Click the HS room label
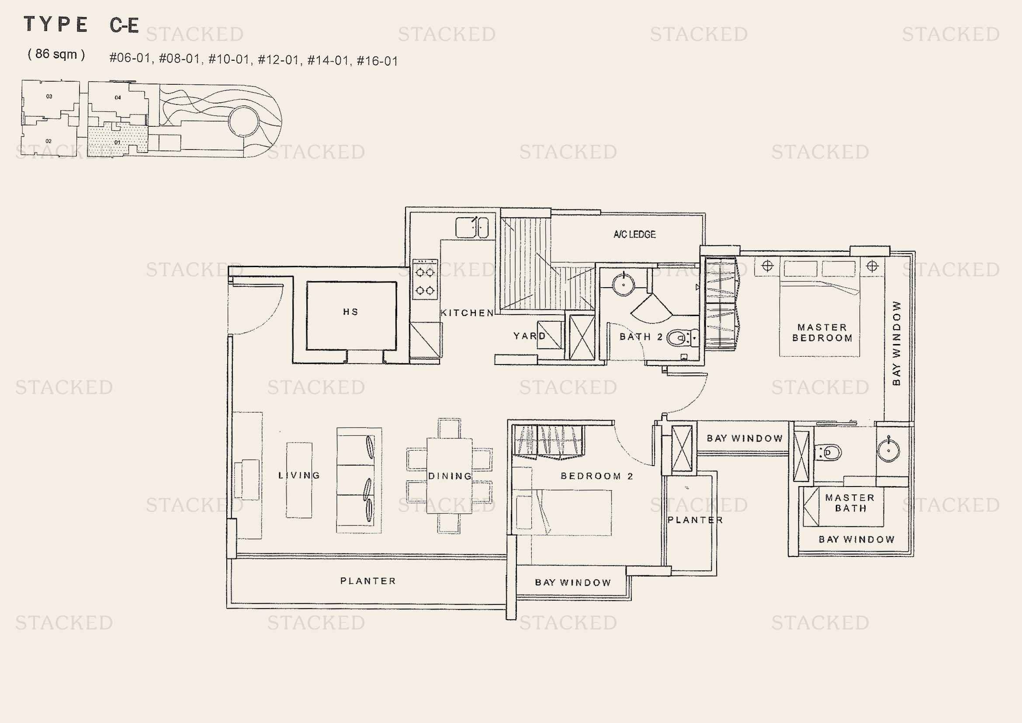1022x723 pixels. coord(350,312)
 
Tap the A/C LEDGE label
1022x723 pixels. coord(634,234)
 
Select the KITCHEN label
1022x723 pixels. coord(468,313)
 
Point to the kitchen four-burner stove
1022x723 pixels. coord(425,280)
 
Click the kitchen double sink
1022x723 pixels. coord(472,227)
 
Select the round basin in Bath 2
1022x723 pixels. coord(623,284)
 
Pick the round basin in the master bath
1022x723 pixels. coord(888,450)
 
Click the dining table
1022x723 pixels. coord(450,476)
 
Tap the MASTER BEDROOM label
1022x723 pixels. coord(822,333)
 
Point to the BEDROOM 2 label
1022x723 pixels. coord(596,476)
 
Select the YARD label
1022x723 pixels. coord(529,336)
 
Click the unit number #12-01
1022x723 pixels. coord(278,59)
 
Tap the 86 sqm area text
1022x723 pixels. coord(56,54)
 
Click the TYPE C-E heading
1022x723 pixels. coord(81,24)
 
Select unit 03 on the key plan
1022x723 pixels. coord(49,96)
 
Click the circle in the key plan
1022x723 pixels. coord(243,121)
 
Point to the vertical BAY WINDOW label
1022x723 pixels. coord(897,343)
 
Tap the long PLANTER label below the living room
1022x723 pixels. coord(367,581)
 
